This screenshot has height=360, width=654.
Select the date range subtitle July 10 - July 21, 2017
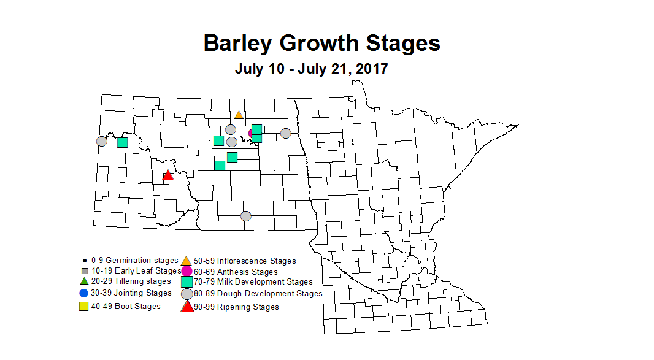[311, 68]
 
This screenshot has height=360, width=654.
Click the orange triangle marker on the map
[239, 115]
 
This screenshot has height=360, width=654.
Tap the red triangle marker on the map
[168, 176]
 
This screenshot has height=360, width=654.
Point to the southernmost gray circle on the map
[246, 216]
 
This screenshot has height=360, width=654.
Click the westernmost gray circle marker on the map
[102, 141]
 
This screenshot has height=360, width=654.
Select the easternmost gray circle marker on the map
[286, 133]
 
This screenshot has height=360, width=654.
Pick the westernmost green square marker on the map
[122, 142]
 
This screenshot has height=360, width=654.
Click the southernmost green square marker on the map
[220, 166]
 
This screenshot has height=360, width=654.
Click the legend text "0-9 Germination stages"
[134, 261]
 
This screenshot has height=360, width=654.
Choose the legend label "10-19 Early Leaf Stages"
[136, 270]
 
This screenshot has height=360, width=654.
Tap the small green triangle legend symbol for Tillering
[84, 281]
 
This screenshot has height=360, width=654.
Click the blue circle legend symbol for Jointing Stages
[84, 293]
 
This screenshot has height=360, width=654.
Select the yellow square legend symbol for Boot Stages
[84, 307]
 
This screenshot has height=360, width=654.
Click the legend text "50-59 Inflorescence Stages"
[245, 261]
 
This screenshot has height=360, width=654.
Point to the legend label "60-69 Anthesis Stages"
[236, 272]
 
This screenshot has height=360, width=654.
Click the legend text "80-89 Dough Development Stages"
[258, 294]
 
